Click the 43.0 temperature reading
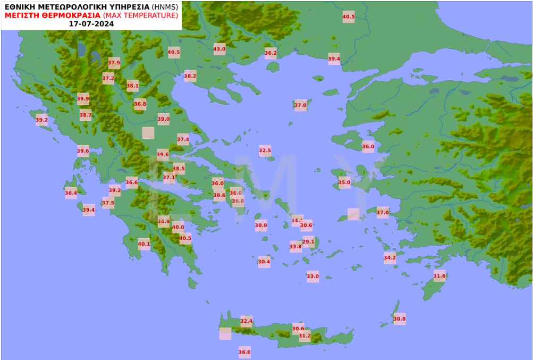(219, 49)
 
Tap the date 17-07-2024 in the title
(91, 24)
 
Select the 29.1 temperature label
(308, 242)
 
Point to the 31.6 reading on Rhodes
(439, 275)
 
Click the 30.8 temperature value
(400, 319)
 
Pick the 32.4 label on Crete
(246, 321)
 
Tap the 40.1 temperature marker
(144, 245)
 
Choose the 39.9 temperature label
(83, 98)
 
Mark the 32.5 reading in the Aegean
(265, 150)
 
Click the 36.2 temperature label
(270, 53)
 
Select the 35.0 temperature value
(344, 183)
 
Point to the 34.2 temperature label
(390, 258)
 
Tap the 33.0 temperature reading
(312, 276)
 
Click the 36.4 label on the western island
(71, 193)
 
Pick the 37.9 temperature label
(114, 63)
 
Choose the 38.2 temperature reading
(190, 76)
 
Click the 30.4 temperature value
(264, 262)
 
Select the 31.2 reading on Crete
(304, 336)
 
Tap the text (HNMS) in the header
(165, 6)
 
